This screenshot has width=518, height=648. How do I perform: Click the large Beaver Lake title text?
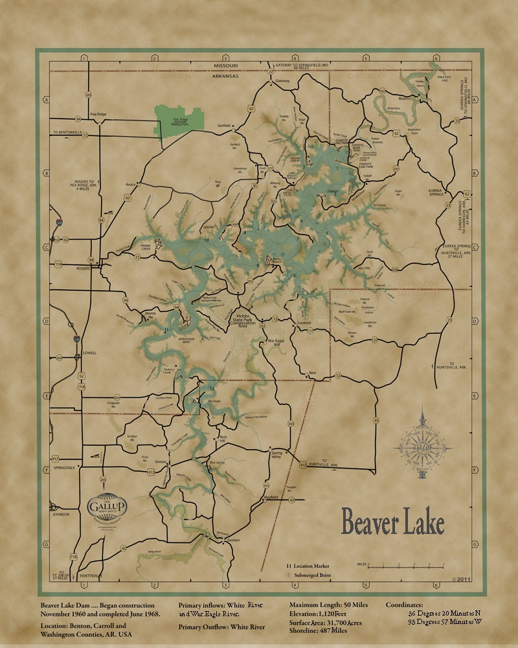click(x=392, y=522)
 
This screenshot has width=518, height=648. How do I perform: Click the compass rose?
click(x=422, y=446)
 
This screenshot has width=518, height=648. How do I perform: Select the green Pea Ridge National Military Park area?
click(x=179, y=121)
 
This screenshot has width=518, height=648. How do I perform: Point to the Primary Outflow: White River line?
click(x=221, y=627)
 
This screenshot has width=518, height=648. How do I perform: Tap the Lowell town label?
click(x=89, y=353)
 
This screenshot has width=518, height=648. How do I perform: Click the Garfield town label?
click(x=224, y=125)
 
